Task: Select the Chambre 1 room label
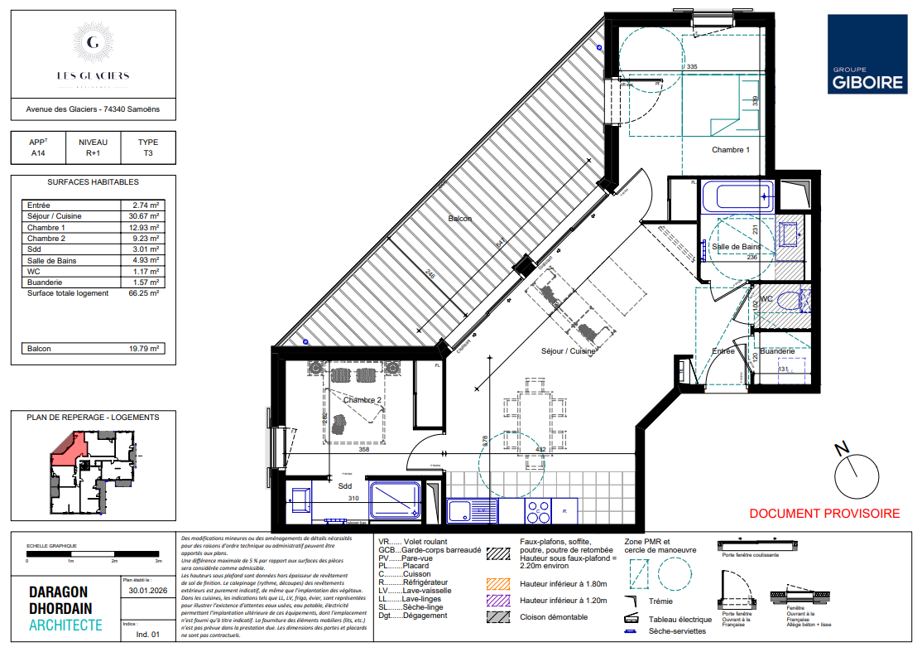coord(730,150)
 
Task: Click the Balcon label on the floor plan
coord(460,219)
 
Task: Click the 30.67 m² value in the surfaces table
coord(140,216)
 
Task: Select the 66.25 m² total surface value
coord(140,293)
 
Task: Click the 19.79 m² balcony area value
coord(140,349)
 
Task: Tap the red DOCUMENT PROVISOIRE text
coord(824,514)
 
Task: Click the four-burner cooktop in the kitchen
coord(539,511)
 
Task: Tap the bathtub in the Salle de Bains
coord(736,197)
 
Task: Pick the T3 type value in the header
coord(147,153)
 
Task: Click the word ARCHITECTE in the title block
coord(66,625)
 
